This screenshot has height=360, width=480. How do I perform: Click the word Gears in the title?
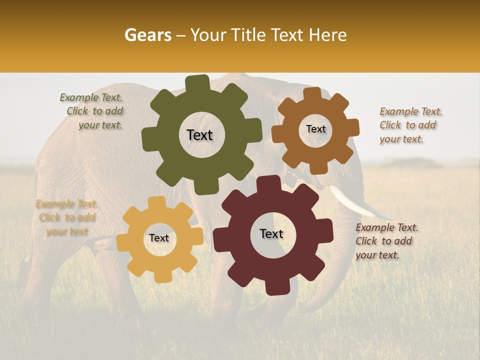[x=147, y=35]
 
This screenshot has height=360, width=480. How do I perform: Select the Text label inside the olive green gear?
[x=199, y=135]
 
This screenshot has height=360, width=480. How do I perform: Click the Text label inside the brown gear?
[x=315, y=129]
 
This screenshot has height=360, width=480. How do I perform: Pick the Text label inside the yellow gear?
[x=159, y=238]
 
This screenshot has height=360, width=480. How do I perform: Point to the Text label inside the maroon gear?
[x=271, y=233]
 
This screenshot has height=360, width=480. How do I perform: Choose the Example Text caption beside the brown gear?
[x=410, y=125]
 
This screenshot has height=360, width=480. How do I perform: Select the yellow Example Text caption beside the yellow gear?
[x=66, y=217]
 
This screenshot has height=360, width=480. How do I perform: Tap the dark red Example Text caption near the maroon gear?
[x=386, y=241]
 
